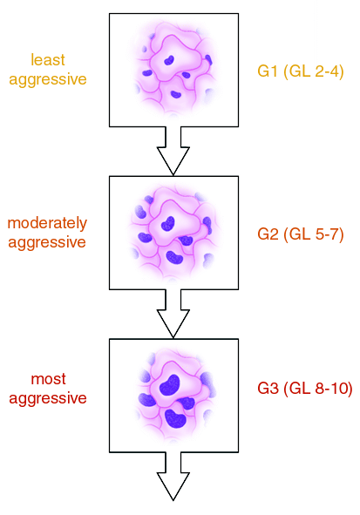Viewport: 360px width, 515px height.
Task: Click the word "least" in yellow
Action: [48, 60]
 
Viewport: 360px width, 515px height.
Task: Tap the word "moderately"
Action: [47, 223]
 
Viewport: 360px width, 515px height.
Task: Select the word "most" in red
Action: [48, 379]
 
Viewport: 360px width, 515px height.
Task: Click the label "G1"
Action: [268, 71]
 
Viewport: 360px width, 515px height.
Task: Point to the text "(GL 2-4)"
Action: [314, 71]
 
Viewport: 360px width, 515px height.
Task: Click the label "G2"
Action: [268, 234]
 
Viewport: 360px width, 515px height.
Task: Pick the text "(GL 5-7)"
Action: [314, 234]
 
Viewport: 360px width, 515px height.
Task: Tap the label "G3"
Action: [268, 389]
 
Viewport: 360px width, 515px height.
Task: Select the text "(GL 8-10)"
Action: [318, 389]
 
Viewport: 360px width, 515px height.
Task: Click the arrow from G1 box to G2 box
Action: [173, 151]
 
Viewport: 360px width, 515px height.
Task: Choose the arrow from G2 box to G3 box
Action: [173, 314]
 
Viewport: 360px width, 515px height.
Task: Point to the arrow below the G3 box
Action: [173, 477]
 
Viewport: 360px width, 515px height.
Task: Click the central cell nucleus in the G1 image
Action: [169, 60]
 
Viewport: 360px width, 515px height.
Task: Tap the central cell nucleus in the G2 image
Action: [168, 223]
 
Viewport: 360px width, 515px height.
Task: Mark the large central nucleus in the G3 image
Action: [170, 384]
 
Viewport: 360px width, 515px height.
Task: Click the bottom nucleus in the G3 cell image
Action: [175, 418]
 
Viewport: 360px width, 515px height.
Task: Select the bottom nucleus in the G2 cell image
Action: [174, 258]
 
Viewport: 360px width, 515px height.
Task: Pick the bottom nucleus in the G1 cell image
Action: [176, 95]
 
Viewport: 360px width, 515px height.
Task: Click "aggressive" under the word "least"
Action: [48, 80]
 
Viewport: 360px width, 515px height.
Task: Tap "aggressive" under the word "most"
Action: [48, 399]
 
